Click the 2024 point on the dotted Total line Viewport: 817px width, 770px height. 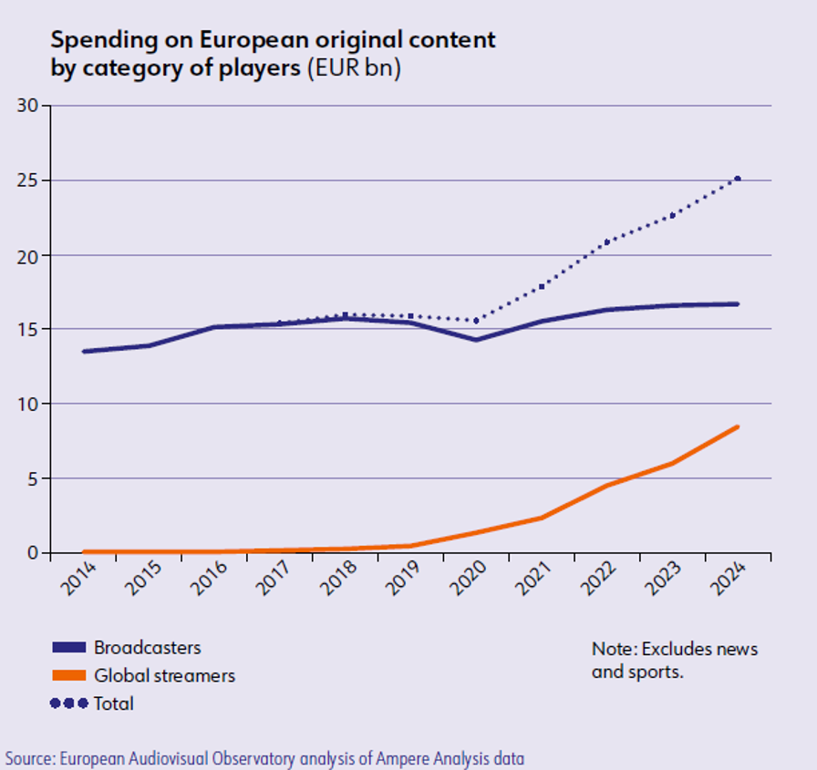pyautogui.click(x=738, y=179)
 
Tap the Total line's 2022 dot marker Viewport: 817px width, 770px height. pyautogui.click(x=606, y=242)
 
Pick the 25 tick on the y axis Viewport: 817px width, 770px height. pyautogui.click(x=29, y=180)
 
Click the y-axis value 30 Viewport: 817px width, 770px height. pyautogui.click(x=29, y=106)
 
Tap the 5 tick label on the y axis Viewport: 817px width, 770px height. pyautogui.click(x=34, y=478)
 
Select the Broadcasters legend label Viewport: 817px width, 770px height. pyautogui.click(x=147, y=648)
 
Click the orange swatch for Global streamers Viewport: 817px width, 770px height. pyautogui.click(x=69, y=676)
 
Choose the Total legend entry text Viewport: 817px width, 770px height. pyautogui.click(x=113, y=703)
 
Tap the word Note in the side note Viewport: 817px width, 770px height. pyautogui.click(x=610, y=650)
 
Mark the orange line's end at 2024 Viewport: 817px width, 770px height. pyautogui.click(x=738, y=426)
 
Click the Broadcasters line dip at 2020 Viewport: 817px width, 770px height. pyautogui.click(x=476, y=340)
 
